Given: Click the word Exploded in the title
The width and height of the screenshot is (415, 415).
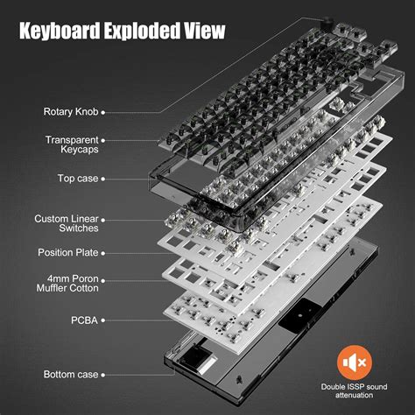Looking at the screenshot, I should click(144, 33).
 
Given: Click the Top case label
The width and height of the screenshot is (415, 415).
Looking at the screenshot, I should click(77, 178).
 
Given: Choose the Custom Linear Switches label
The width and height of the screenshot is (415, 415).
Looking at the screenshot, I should click(66, 224).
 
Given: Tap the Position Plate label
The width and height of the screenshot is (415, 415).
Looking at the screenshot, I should click(68, 252).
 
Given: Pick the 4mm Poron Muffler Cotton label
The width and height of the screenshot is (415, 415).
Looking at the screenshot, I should click(67, 282).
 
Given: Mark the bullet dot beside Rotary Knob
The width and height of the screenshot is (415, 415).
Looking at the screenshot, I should click(103, 112).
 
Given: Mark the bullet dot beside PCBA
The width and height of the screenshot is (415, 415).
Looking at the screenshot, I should click(103, 321).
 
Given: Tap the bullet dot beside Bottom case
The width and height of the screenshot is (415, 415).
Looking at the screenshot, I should click(103, 375).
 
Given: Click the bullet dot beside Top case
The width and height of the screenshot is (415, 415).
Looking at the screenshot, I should click(103, 178).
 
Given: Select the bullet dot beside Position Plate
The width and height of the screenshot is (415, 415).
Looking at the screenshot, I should click(103, 252).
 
